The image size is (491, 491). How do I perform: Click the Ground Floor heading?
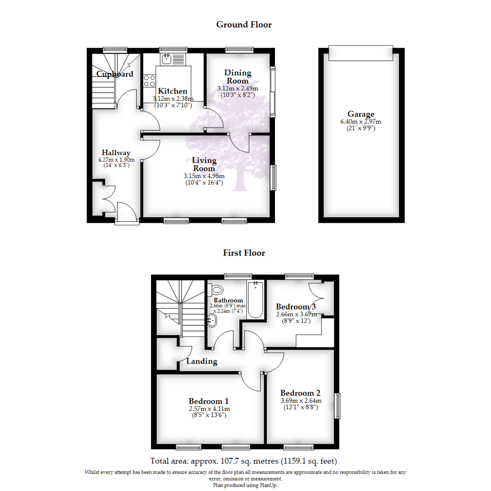pos(244,25)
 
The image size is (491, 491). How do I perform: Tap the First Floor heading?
pos(244,253)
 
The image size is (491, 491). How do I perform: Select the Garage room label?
pos(361,114)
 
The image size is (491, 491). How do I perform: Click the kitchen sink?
pos(167,59)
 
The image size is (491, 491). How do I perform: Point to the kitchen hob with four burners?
pos(149,80)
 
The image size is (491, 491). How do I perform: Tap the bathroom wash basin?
pos(212,321)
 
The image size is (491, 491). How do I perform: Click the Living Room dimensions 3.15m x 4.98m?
pos(204,176)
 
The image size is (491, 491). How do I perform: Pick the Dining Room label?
pos(238,77)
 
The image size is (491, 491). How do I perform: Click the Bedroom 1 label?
pos(209,401)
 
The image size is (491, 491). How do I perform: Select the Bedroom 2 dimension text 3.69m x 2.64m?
pos(301,401)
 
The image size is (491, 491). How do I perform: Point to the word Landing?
pos(202,361)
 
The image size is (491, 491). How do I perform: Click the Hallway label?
pos(116,153)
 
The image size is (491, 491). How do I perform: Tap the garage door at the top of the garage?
pos(360,53)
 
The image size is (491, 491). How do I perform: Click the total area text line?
pos(244,461)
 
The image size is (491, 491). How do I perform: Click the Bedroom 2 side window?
pos(337,406)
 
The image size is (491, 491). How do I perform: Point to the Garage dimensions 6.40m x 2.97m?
pos(361,121)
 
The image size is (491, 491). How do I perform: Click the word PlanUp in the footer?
pos(268,485)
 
